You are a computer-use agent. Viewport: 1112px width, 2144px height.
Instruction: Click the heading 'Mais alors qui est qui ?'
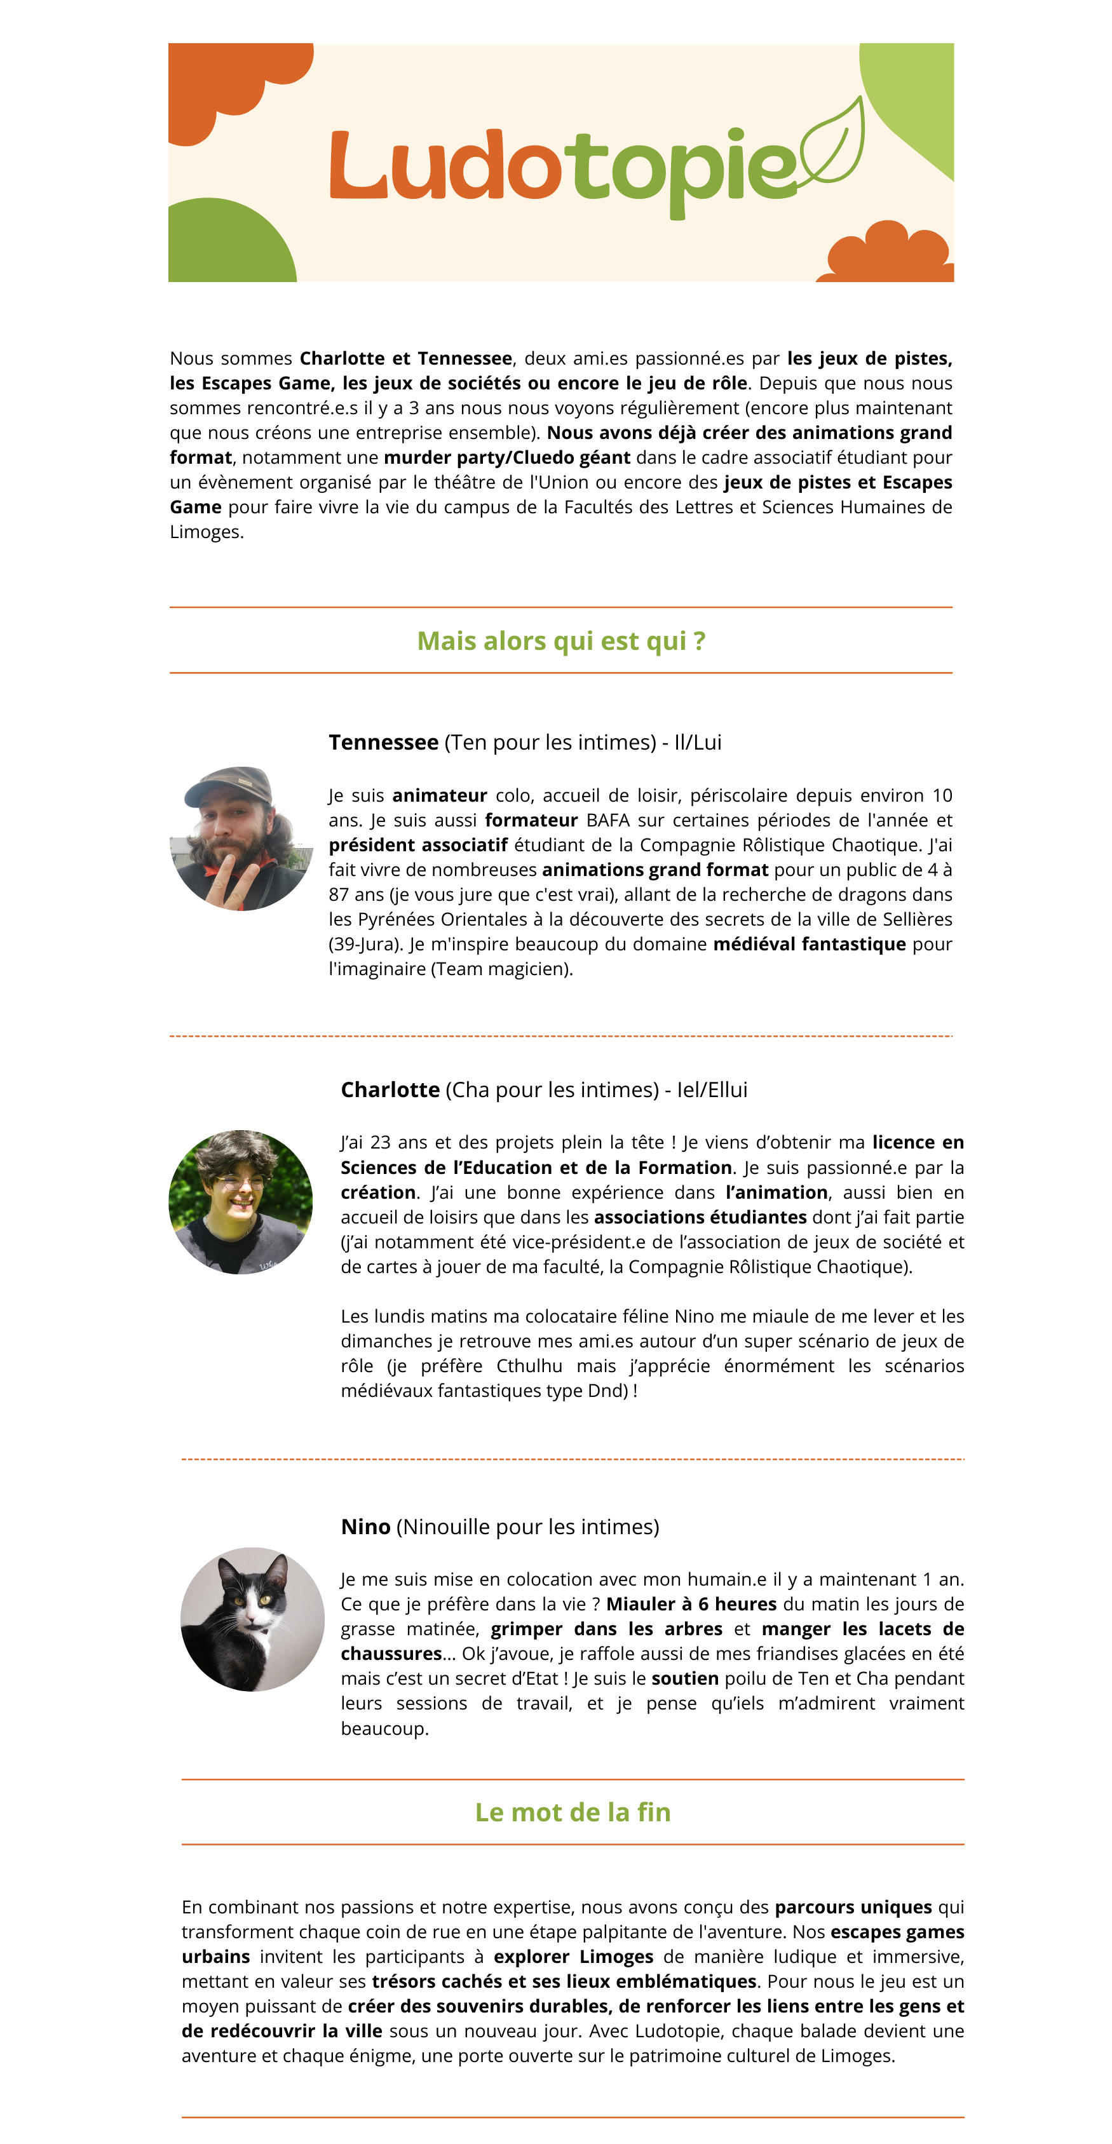[x=561, y=641]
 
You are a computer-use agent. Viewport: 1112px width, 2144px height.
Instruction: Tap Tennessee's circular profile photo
[x=241, y=838]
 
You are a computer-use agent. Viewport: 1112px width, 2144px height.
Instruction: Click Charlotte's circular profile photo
[x=241, y=1201]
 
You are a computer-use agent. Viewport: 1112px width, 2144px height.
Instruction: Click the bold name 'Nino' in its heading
[x=365, y=1527]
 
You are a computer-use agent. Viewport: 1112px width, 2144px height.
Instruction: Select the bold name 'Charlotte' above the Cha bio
[x=390, y=1089]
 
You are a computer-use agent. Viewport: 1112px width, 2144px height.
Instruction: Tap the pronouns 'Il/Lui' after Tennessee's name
[x=698, y=743]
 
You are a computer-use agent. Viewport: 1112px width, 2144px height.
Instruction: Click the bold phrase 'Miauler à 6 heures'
[x=691, y=1604]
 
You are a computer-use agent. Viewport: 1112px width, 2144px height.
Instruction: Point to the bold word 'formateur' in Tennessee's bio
[x=531, y=820]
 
